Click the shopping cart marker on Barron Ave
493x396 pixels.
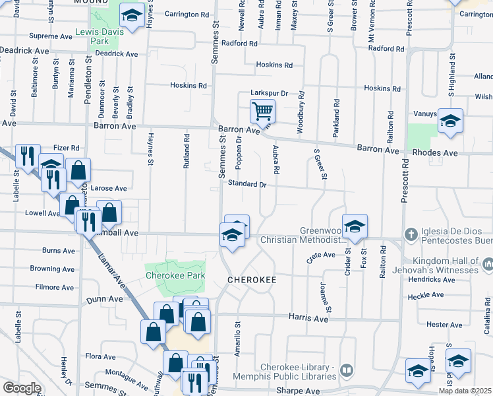tap(262, 111)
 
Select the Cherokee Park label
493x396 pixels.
tap(175, 275)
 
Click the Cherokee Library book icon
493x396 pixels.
tap(347, 373)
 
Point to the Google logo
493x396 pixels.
tap(21, 388)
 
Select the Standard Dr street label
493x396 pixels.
tap(246, 185)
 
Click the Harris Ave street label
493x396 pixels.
tap(308, 318)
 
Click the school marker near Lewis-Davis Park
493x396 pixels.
tap(132, 16)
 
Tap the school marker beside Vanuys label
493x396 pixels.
tap(451, 121)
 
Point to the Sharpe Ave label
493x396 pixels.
tap(303, 391)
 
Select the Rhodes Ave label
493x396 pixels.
tap(434, 152)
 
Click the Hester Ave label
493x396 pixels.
tap(444, 325)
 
